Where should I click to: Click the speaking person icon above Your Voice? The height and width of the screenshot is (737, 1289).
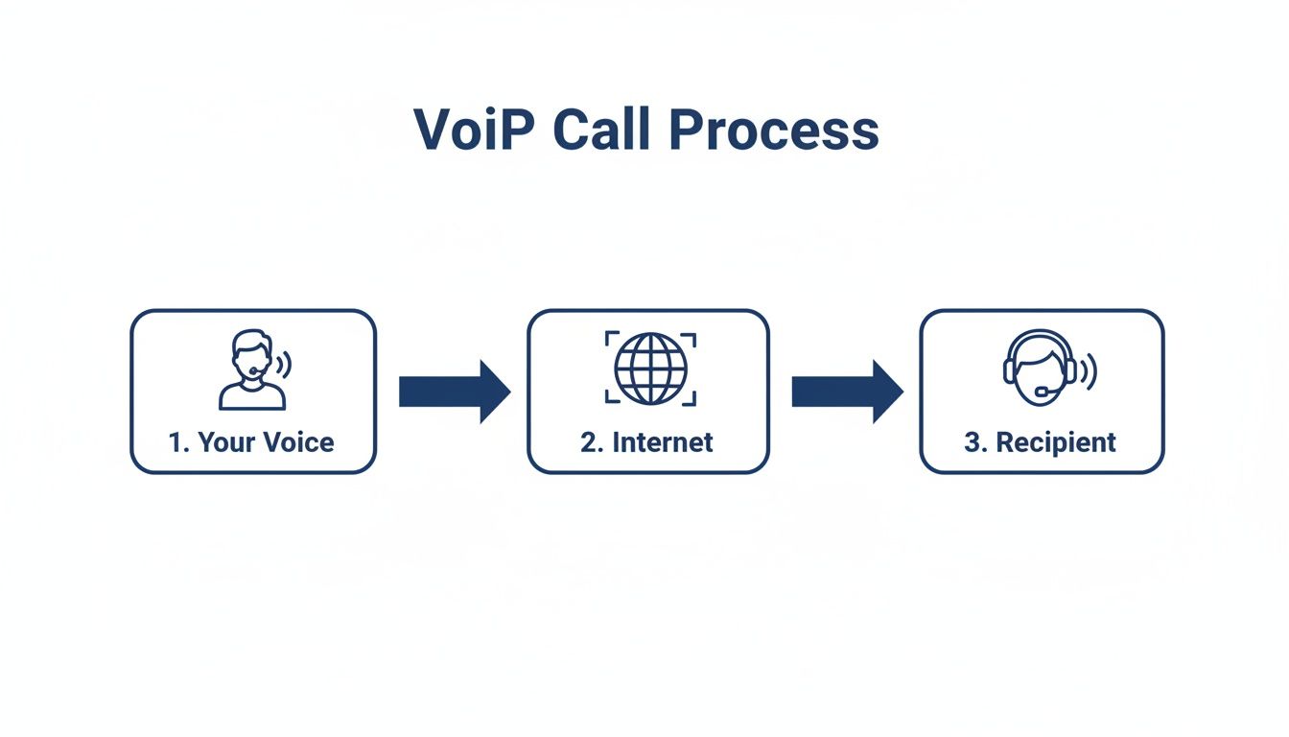pyautogui.click(x=252, y=369)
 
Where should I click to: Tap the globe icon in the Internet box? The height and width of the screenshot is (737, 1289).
pyautogui.click(x=650, y=368)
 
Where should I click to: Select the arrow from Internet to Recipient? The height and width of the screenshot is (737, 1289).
pyautogui.click(x=847, y=392)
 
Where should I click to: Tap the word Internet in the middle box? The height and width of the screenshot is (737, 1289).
pyautogui.click(x=663, y=442)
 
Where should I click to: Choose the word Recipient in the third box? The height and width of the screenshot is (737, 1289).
pyautogui.click(x=1055, y=442)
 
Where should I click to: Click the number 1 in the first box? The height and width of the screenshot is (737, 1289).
pyautogui.click(x=176, y=442)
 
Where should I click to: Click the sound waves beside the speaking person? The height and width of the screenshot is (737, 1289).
pyautogui.click(x=284, y=365)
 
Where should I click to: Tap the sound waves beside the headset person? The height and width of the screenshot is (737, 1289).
pyautogui.click(x=1089, y=370)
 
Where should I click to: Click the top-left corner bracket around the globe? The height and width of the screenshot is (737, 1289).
pyautogui.click(x=610, y=338)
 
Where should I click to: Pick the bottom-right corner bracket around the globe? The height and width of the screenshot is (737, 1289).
pyautogui.click(x=691, y=399)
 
